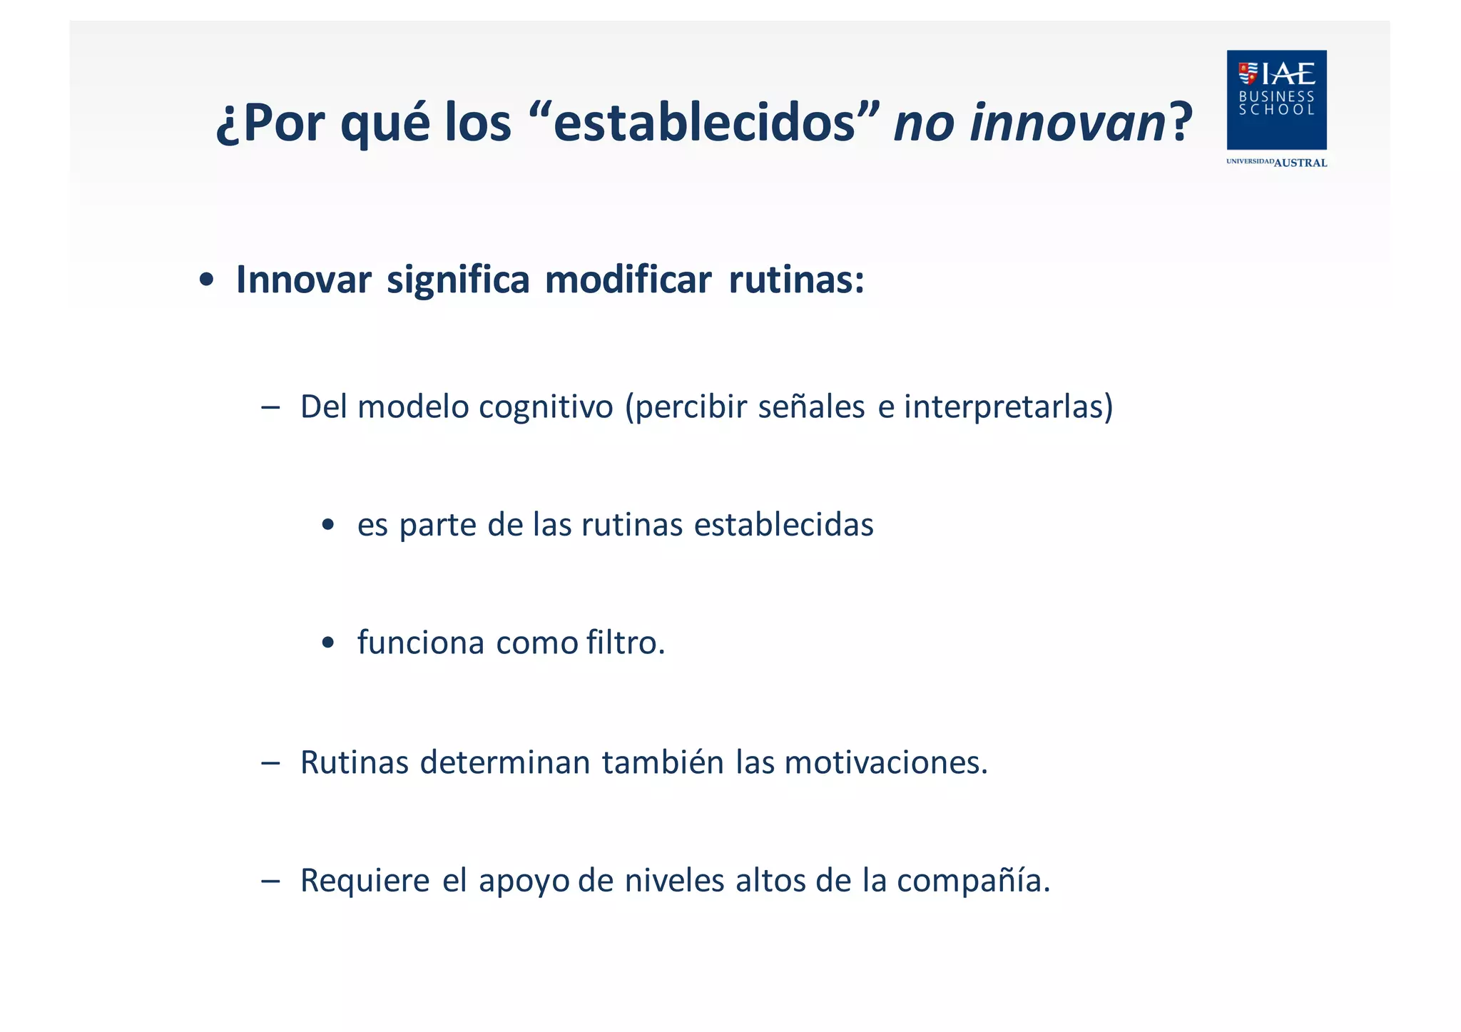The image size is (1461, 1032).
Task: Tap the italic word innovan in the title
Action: point(1067,123)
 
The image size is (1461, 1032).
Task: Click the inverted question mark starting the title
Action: point(228,126)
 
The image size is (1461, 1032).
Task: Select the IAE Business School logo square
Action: point(1276,100)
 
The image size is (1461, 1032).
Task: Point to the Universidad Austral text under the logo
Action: point(1276,163)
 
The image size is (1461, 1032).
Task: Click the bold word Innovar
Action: point(303,280)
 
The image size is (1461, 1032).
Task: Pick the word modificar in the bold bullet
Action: point(628,280)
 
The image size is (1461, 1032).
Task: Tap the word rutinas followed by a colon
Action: point(795,280)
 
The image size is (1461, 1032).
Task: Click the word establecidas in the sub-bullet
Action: point(783,526)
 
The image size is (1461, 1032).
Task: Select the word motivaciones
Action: point(885,762)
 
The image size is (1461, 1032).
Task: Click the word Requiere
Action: point(365,881)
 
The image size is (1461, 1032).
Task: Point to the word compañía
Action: point(973,881)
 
